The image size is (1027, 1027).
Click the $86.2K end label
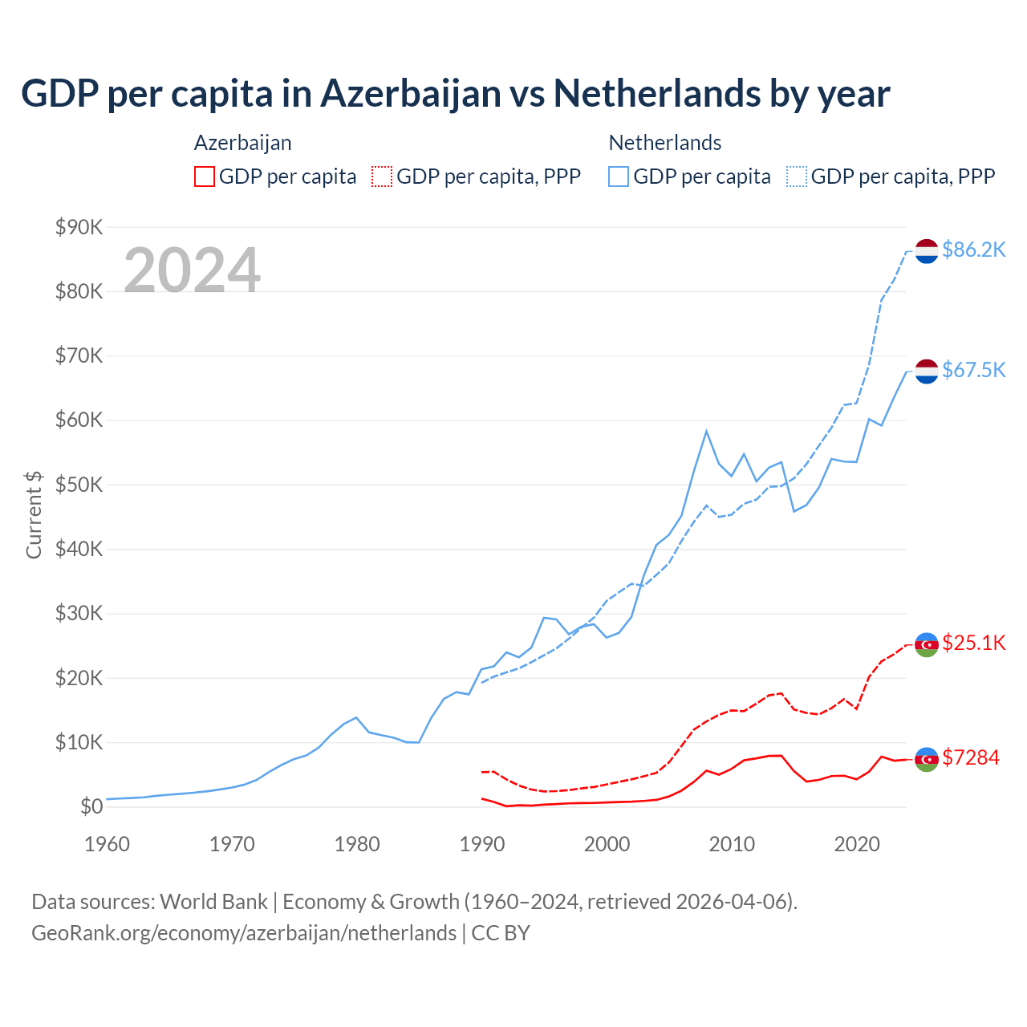(x=973, y=250)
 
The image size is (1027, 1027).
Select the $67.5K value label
(x=973, y=370)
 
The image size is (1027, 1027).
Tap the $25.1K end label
(x=973, y=643)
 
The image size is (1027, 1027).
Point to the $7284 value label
(x=970, y=757)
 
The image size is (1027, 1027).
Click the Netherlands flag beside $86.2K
(x=927, y=251)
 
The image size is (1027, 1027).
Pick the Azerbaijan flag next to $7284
(x=927, y=759)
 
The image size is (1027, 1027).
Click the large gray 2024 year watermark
(x=192, y=270)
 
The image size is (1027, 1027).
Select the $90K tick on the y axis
(x=79, y=227)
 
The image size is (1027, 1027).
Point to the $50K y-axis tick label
(x=79, y=485)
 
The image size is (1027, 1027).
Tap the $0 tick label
(x=91, y=807)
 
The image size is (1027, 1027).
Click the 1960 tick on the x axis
(x=108, y=844)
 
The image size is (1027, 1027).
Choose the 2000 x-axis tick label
(x=607, y=844)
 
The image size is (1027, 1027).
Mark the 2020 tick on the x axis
(x=857, y=844)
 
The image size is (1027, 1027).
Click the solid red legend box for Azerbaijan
(x=205, y=177)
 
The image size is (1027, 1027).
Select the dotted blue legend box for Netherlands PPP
(x=797, y=177)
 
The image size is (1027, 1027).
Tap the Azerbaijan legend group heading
(x=242, y=143)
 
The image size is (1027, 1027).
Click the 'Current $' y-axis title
(x=34, y=514)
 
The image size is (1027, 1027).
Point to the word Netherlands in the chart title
(x=656, y=94)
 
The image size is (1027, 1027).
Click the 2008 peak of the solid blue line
(x=706, y=431)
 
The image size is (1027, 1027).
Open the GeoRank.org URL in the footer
(x=244, y=933)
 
